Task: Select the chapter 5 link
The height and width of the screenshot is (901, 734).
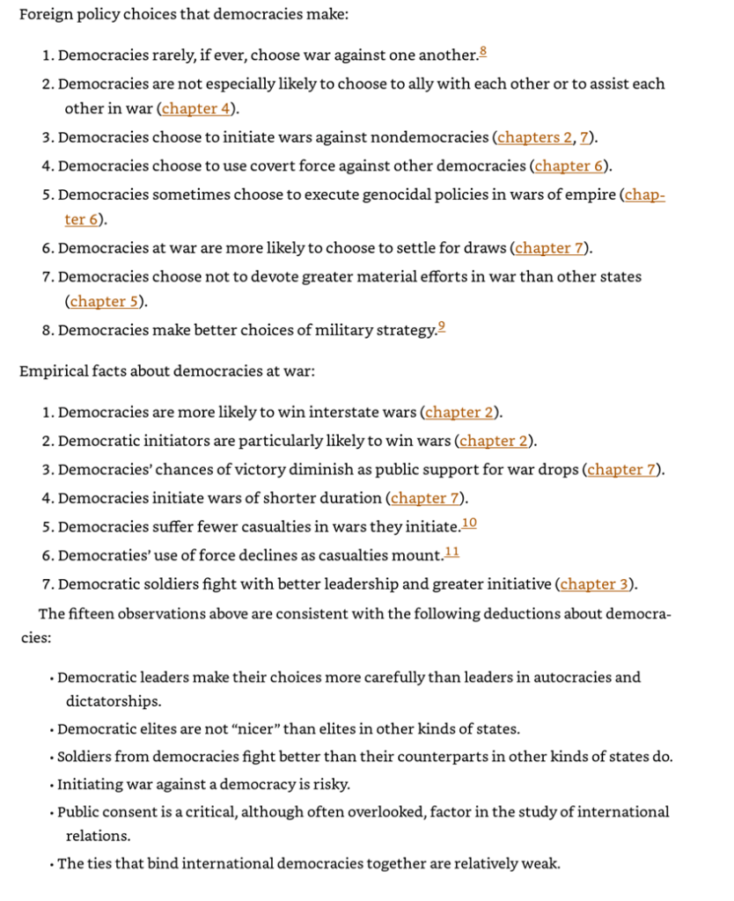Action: coord(105,302)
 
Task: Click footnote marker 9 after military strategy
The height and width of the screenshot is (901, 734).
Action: coord(442,327)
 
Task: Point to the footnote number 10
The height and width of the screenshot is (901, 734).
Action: coord(469,524)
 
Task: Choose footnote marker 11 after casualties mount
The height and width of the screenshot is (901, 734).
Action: coord(451,553)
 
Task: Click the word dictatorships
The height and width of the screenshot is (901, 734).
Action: coord(114,701)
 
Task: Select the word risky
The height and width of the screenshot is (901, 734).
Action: coord(329,785)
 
